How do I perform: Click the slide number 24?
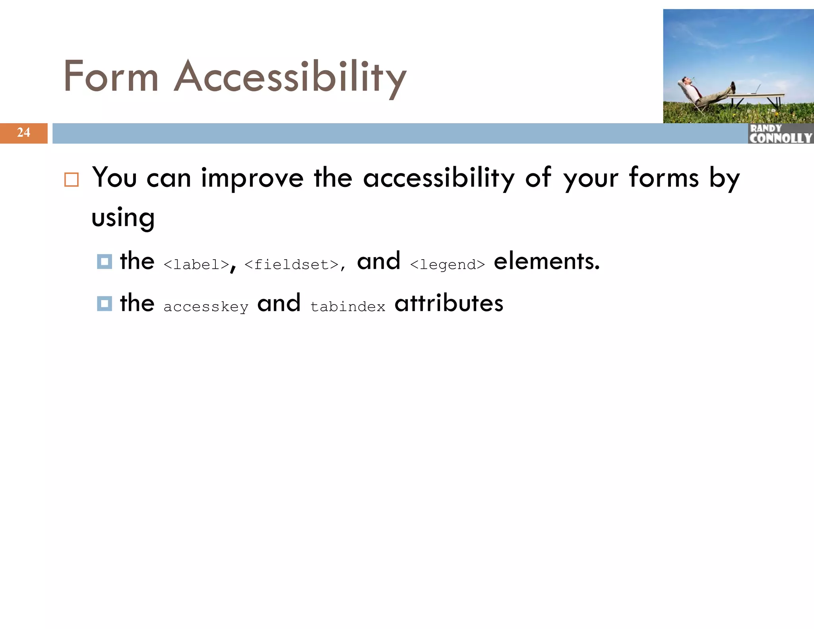(x=23, y=132)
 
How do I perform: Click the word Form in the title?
(x=111, y=76)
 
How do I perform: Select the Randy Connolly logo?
(x=780, y=134)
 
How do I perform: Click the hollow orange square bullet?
(x=72, y=180)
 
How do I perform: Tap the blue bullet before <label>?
(x=105, y=262)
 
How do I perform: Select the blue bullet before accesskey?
(x=105, y=303)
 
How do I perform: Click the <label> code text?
(x=196, y=264)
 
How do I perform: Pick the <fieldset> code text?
(x=291, y=264)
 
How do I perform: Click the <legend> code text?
(x=447, y=264)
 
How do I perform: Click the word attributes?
(x=449, y=303)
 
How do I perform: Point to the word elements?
(x=546, y=262)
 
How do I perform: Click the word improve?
(x=252, y=178)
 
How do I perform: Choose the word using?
(x=123, y=218)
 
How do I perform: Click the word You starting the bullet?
(x=114, y=177)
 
